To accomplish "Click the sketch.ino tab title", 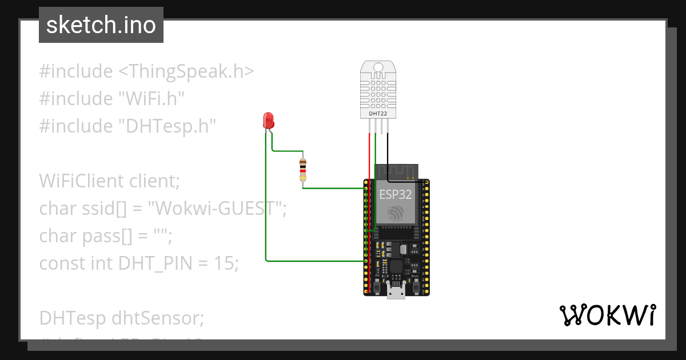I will tap(101, 25).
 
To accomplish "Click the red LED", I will tap(268, 120).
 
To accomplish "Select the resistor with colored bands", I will tap(302, 170).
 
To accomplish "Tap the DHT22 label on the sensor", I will tap(378, 114).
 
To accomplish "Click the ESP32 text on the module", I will tap(395, 194).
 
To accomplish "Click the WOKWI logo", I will tap(607, 315).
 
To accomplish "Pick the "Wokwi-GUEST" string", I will tap(216, 208).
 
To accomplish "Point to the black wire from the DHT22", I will tap(388, 151).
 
